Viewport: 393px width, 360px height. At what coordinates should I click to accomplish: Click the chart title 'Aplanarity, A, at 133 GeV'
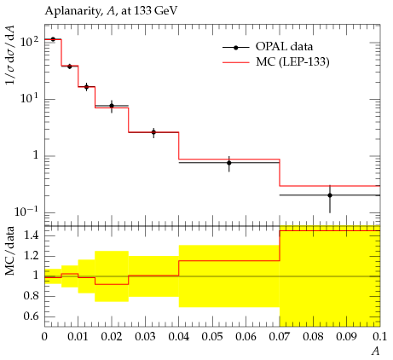click(111, 11)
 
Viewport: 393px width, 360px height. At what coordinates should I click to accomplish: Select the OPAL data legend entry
click(268, 47)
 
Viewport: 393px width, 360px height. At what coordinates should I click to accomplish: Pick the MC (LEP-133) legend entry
click(275, 61)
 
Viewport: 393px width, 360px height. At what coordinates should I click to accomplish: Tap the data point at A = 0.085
click(330, 195)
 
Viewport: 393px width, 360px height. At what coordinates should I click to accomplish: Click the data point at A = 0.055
click(229, 163)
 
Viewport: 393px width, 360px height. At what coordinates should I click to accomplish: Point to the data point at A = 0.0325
click(153, 132)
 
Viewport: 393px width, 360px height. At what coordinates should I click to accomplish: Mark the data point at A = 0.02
click(112, 106)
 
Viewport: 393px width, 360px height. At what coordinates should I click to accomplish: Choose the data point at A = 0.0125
click(86, 87)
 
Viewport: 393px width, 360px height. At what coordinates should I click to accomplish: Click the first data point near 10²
click(53, 39)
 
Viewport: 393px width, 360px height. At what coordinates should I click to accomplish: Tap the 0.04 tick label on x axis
click(179, 337)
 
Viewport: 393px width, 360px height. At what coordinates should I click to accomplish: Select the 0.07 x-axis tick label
click(280, 337)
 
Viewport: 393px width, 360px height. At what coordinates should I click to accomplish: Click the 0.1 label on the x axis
click(380, 337)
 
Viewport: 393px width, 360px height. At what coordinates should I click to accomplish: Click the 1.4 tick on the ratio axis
click(31, 236)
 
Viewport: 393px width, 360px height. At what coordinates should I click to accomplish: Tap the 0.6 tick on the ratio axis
click(31, 316)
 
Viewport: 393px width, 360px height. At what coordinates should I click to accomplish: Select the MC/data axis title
click(10, 251)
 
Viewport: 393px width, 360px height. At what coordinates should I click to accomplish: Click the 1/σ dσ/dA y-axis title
click(10, 55)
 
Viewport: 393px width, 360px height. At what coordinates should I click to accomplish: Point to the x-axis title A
click(376, 351)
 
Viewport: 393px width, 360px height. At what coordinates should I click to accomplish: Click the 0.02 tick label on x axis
click(112, 337)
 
